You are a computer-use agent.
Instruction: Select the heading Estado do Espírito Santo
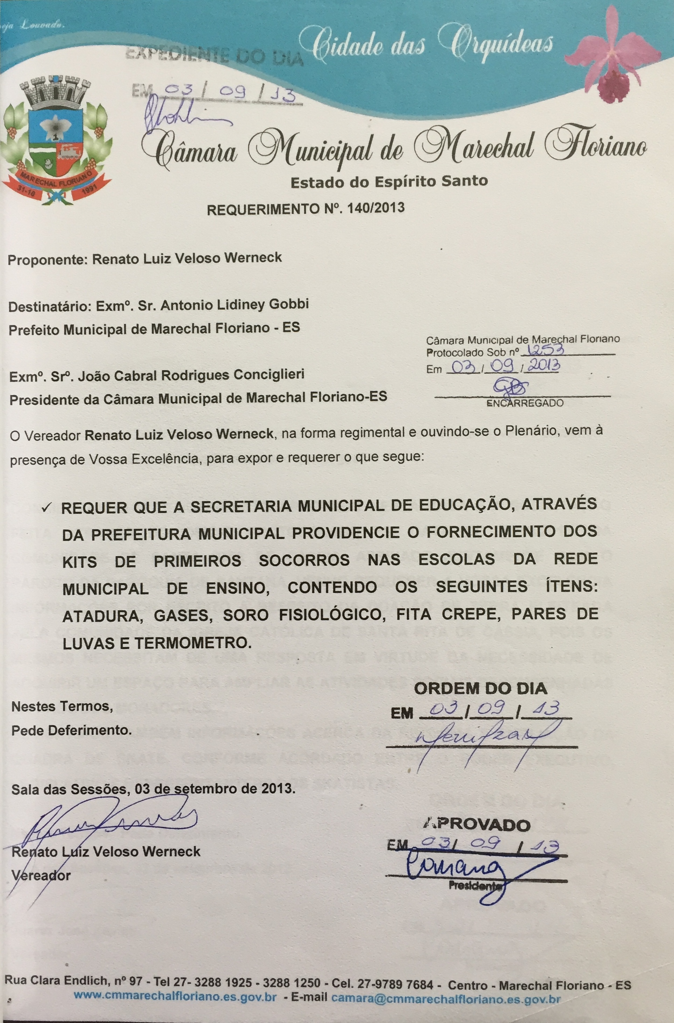click(389, 182)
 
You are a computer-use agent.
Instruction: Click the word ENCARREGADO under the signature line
click(524, 403)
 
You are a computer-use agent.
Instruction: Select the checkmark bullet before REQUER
click(47, 508)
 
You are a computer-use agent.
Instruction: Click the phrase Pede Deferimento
click(71, 730)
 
